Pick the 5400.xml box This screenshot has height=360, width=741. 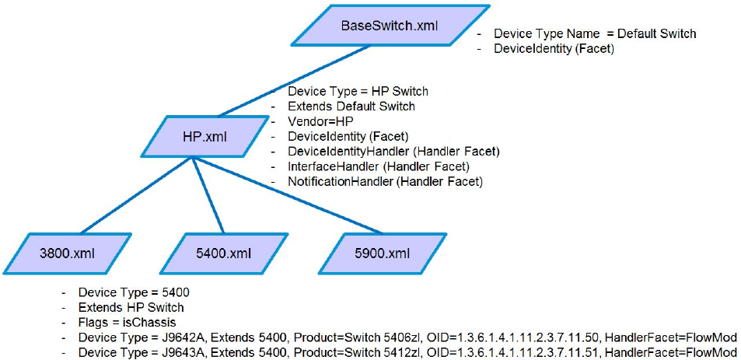pos(224,252)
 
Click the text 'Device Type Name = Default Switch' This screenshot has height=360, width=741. pos(595,34)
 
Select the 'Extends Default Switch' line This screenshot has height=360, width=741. pos(351,106)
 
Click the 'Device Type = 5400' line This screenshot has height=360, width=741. pos(134,293)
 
